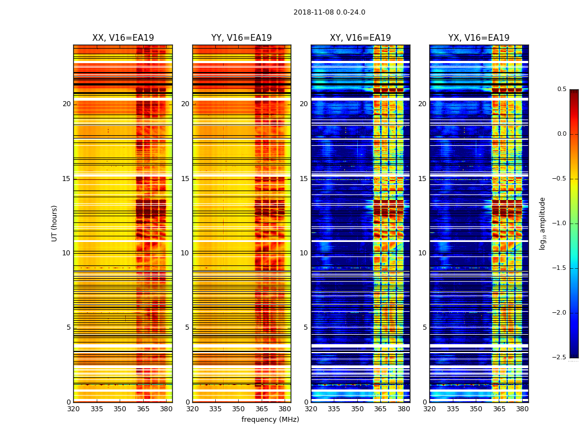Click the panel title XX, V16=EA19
[123, 38]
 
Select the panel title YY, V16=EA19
[242, 38]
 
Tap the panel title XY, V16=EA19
[360, 38]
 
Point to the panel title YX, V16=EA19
[479, 38]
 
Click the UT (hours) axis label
[55, 223]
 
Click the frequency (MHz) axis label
[270, 420]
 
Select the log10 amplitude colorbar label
[542, 223]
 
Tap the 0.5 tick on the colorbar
[562, 89]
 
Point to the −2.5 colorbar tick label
[561, 358]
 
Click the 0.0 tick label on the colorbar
[562, 134]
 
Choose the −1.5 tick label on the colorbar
[561, 268]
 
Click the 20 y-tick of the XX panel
[67, 104]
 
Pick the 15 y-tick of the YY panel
[185, 179]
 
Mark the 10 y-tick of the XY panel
[304, 253]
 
